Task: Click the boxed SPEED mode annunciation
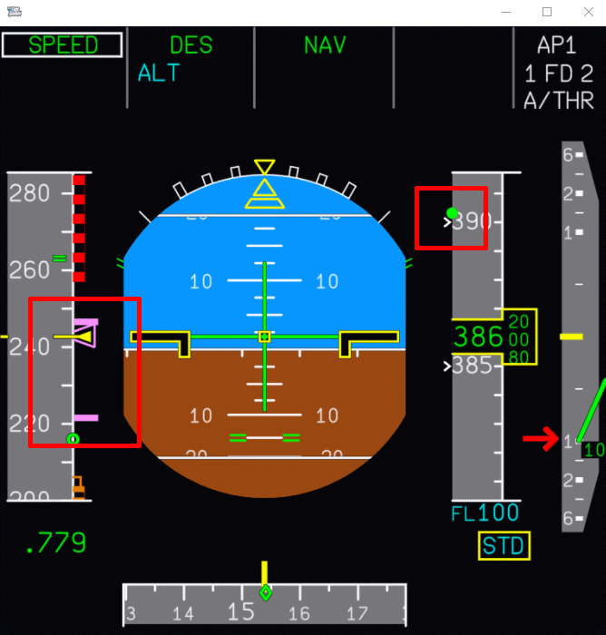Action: pos(62,45)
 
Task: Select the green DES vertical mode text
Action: pos(191,45)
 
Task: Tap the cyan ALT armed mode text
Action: pos(159,73)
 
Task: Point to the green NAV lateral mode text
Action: pos(325,45)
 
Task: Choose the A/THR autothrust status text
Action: pos(558,101)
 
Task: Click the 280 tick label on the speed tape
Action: pos(30,192)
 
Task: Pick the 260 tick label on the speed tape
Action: pos(30,269)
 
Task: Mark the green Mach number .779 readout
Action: pos(55,543)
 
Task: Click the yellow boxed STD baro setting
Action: pos(504,546)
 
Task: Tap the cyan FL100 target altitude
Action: pos(485,513)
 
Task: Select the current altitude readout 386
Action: pos(478,337)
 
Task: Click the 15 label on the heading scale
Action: pos(240,612)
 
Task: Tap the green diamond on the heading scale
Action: pos(265,593)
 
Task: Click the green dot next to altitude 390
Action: pos(452,213)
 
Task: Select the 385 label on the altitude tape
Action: pos(472,366)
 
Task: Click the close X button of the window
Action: pos(586,12)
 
